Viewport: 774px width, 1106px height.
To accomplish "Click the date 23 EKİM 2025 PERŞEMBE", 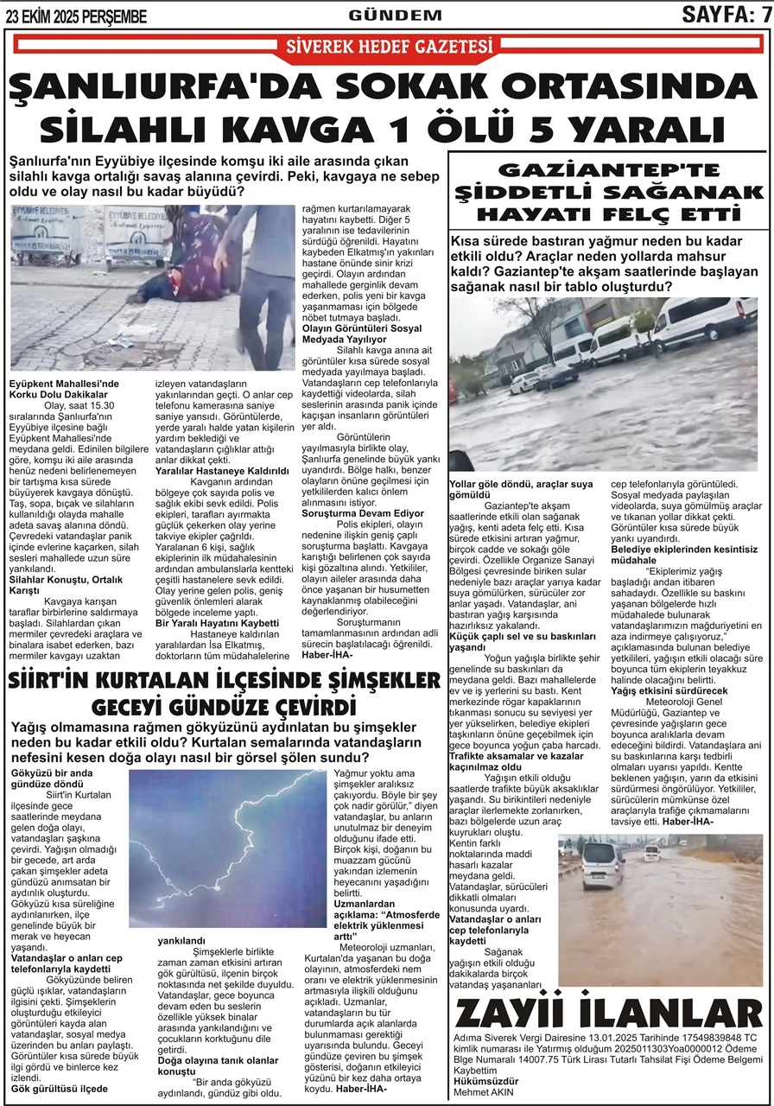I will pyautogui.click(x=76, y=16).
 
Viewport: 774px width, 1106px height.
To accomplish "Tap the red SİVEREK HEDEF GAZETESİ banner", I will pyautogui.click(x=386, y=48).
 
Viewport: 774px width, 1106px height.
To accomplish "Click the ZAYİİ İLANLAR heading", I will pyautogui.click(x=607, y=1014).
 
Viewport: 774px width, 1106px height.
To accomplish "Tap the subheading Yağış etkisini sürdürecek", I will pyautogui.click(x=669, y=690).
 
